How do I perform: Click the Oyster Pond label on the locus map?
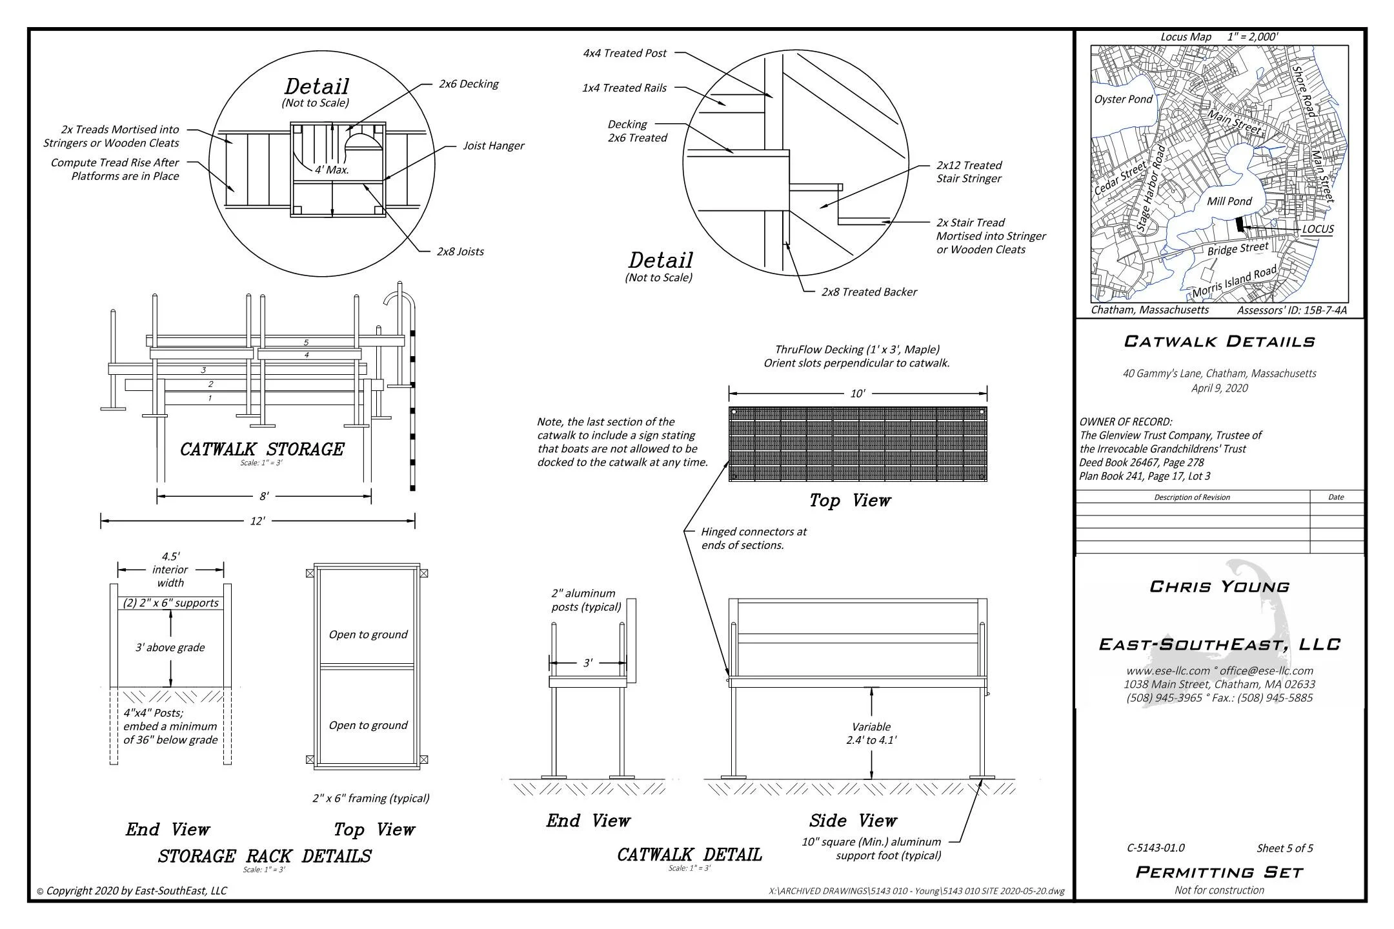click(1123, 99)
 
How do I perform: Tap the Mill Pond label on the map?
click(1229, 201)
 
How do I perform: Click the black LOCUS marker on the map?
click(1239, 225)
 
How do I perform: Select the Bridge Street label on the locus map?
click(1237, 249)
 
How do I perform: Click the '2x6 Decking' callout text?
click(469, 84)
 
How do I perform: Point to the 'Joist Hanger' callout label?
click(493, 146)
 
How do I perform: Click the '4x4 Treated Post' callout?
click(624, 54)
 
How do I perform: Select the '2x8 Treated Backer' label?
click(869, 292)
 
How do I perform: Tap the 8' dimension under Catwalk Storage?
click(264, 496)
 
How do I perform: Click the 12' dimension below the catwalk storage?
click(258, 521)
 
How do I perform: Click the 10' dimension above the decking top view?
click(857, 393)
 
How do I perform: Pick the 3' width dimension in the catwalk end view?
click(587, 663)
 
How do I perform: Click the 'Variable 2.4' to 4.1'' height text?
click(871, 734)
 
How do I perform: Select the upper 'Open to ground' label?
click(368, 635)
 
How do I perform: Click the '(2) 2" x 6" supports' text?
click(171, 603)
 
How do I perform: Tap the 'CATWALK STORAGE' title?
click(261, 449)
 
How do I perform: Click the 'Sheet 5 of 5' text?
click(1284, 848)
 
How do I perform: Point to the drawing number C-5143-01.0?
click(1155, 848)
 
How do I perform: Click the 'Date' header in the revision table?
click(1336, 497)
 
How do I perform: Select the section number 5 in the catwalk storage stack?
click(306, 343)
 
